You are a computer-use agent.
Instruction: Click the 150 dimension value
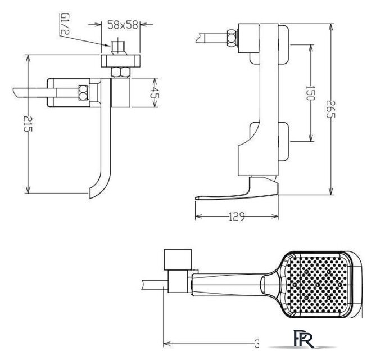click(309, 92)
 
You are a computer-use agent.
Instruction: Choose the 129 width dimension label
click(237, 217)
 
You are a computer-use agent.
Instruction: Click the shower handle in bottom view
click(230, 284)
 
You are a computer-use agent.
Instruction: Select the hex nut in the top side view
click(230, 37)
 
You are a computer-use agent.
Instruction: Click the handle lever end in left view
click(20, 91)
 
